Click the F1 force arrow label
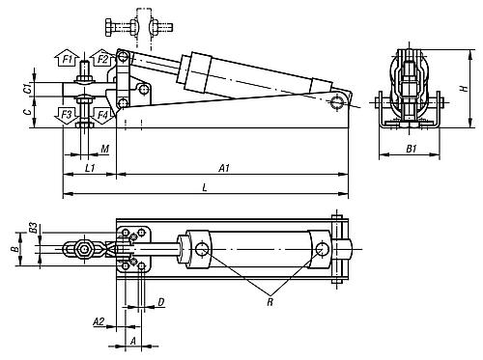pos(68,61)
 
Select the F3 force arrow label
pos(67,115)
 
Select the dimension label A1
pos(224,168)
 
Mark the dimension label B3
pos(33,229)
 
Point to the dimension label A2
pos(99,321)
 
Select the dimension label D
pos(160,303)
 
